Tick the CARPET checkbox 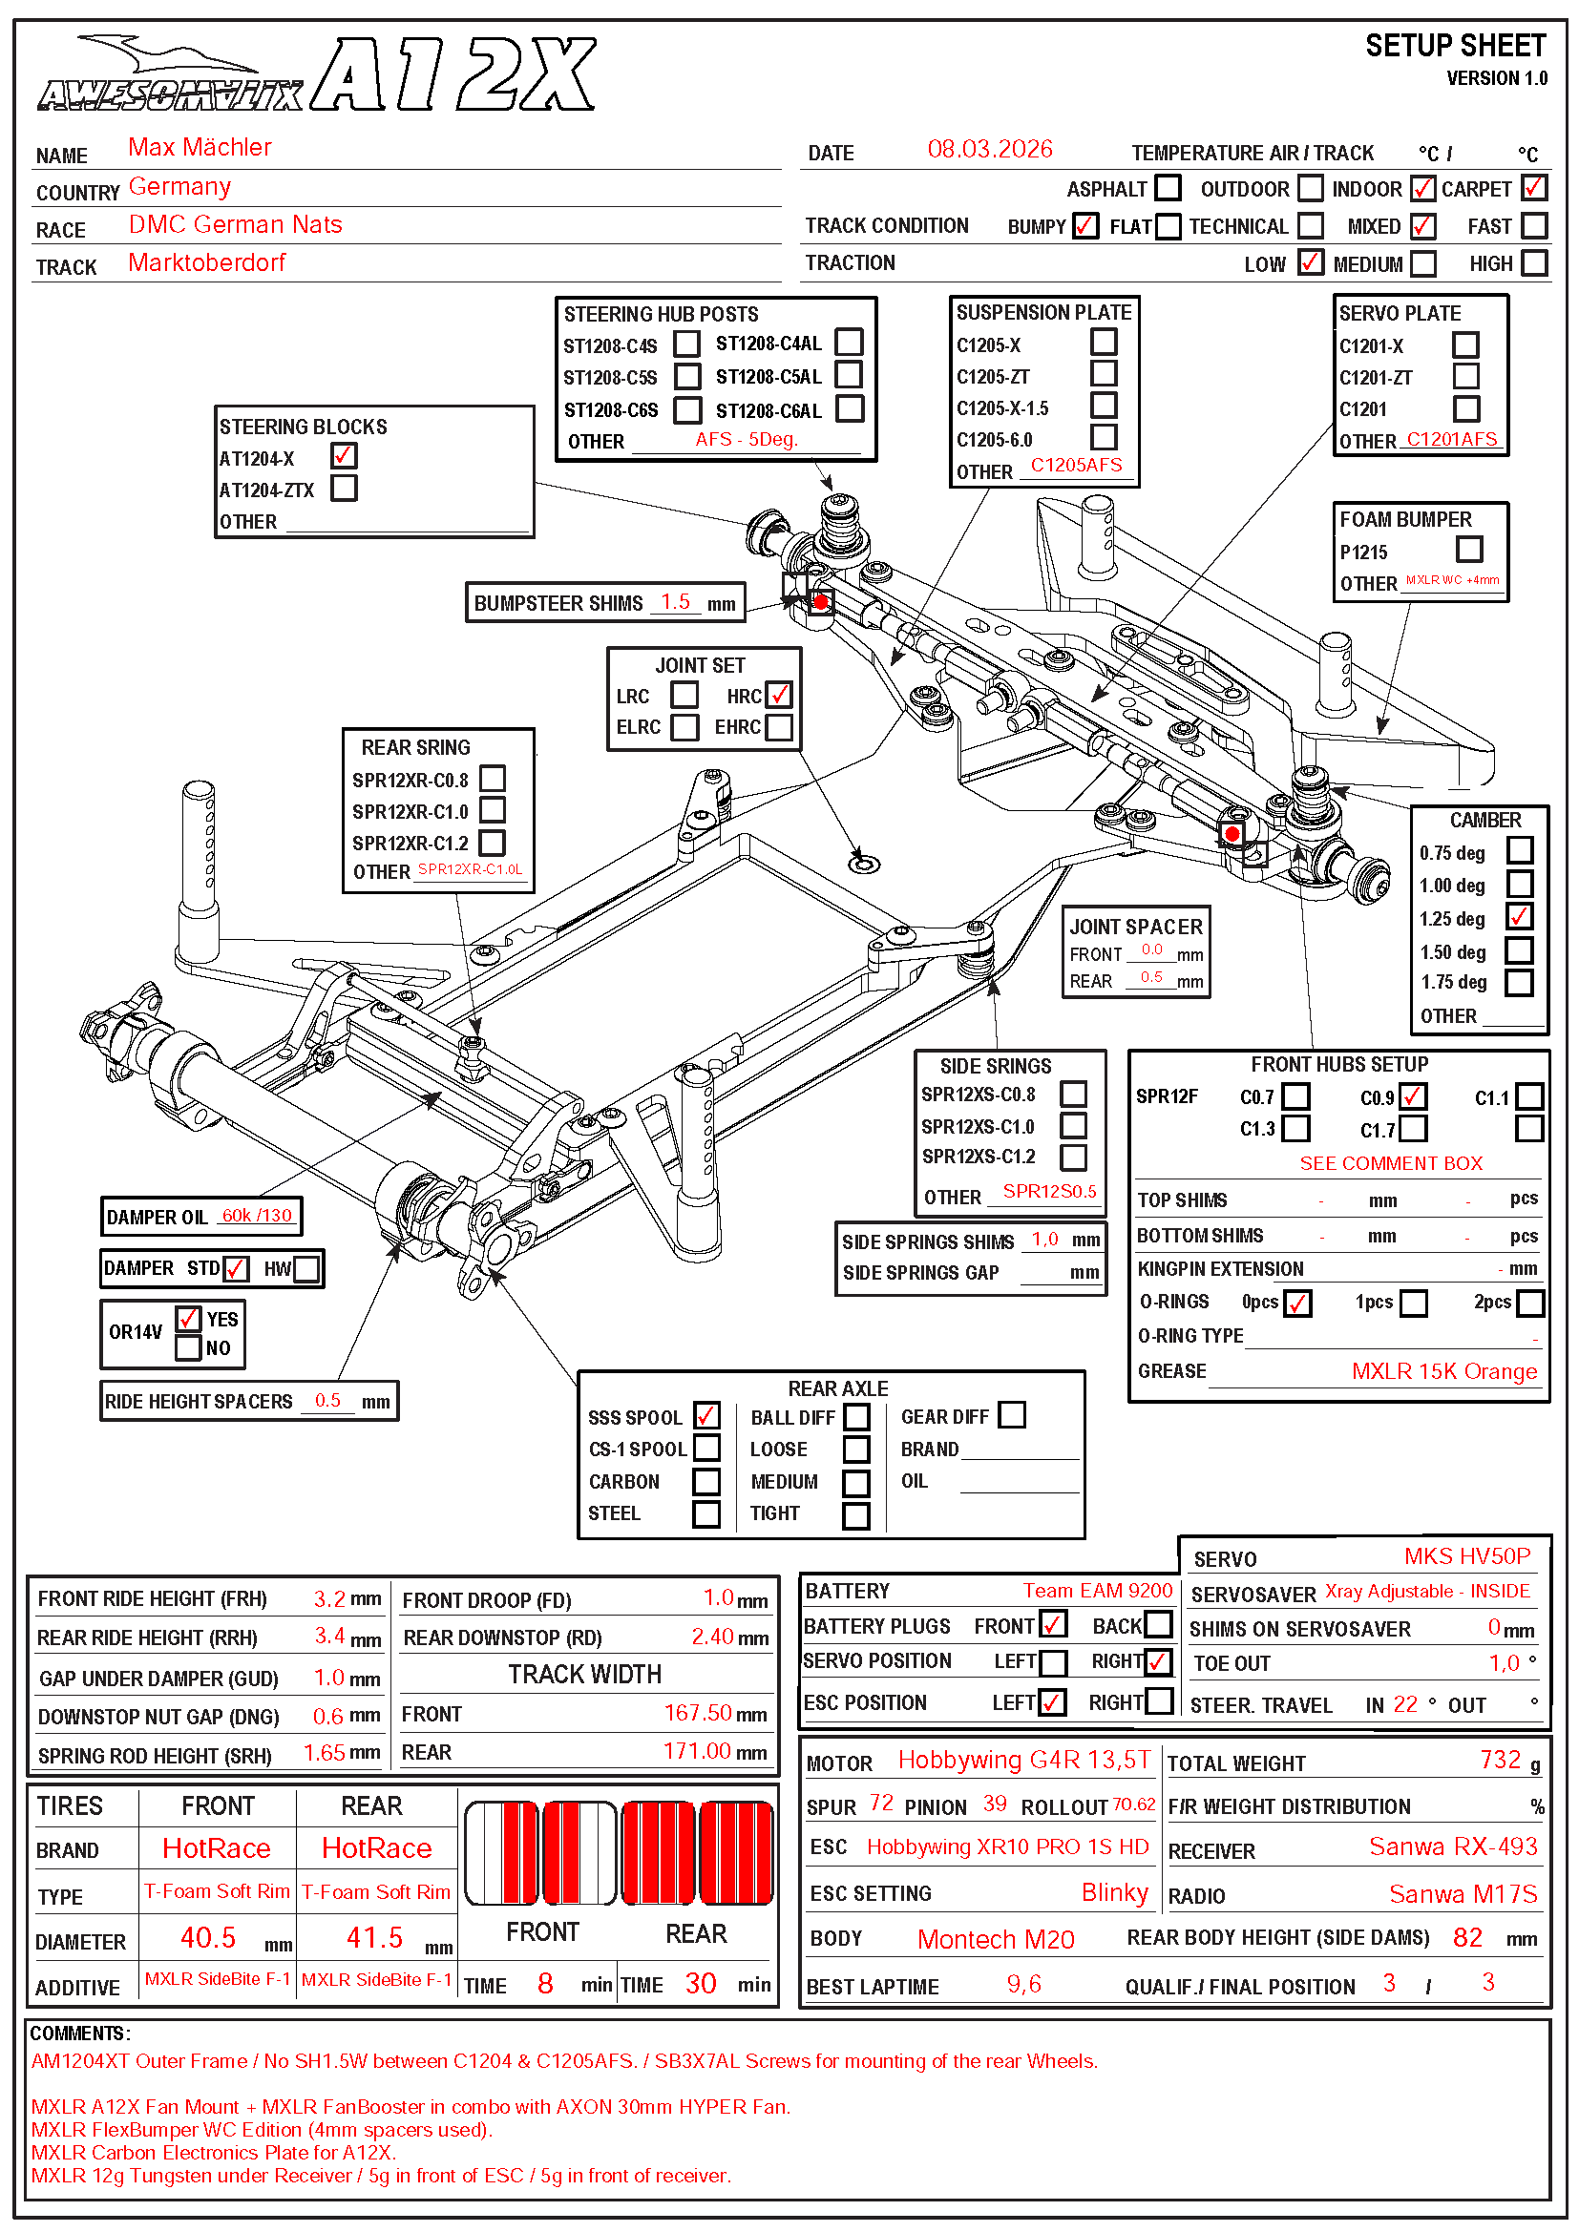coord(1533,188)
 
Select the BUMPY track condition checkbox coord(1085,226)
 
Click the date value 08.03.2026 coord(989,149)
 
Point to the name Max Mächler coord(200,147)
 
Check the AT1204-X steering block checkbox coord(344,456)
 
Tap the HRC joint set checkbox coord(778,695)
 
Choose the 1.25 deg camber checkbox coord(1519,917)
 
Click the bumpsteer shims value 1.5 coord(675,602)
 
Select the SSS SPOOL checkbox coord(706,1415)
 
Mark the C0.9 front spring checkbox coord(1413,1096)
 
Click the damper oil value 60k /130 coord(256,1215)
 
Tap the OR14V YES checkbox coord(189,1318)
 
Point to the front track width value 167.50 coord(697,1713)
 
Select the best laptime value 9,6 coord(1022,1984)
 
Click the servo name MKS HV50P coord(1466,1556)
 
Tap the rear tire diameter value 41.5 coord(374,1937)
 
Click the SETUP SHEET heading coord(1455,46)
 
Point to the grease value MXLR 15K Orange coord(1443,1371)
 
